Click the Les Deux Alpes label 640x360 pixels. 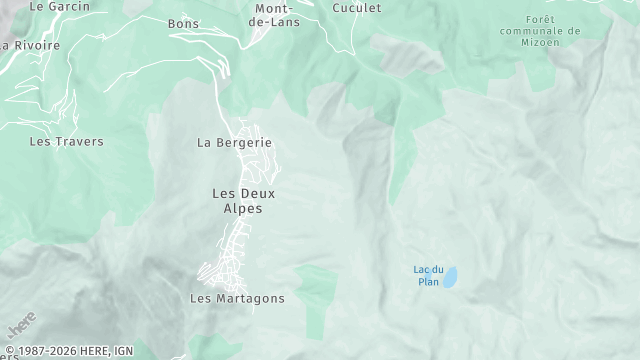pos(243,201)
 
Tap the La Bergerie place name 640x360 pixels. pos(234,143)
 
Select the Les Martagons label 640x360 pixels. pos(237,299)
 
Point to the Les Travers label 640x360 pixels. pos(66,142)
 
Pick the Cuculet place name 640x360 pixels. pos(357,7)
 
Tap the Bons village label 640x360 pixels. pos(184,24)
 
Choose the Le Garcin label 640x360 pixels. pos(60,6)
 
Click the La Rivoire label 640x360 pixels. pos(32,46)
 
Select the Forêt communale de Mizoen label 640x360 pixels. pos(552,31)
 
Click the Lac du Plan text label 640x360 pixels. pos(428,275)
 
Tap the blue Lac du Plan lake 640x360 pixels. pos(451,277)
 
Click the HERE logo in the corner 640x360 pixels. pos(22,327)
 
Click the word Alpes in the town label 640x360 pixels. pos(243,209)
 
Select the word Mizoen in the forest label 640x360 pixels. pos(553,43)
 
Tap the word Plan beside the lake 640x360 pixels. pos(428,282)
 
